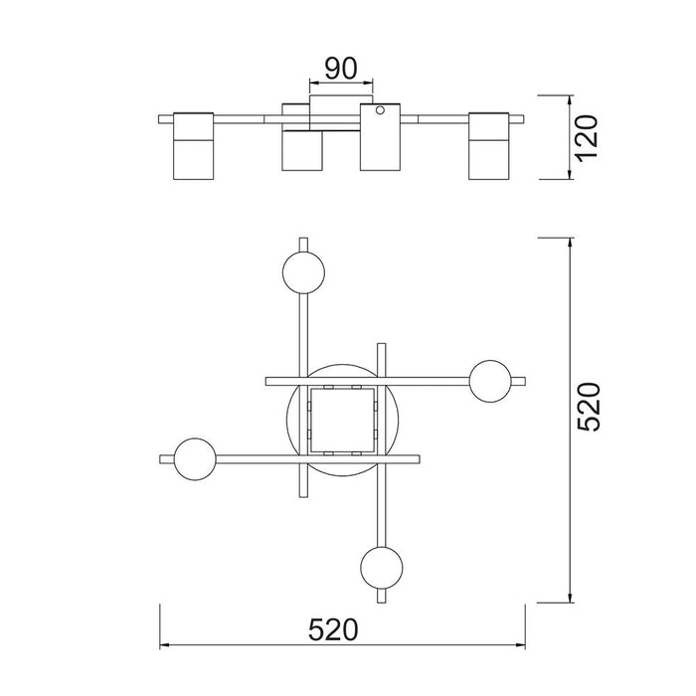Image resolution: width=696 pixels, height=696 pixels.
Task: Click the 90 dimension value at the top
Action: click(340, 69)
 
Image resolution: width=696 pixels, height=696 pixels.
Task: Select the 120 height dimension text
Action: click(586, 137)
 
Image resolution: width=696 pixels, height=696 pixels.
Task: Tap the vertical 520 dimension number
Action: click(589, 406)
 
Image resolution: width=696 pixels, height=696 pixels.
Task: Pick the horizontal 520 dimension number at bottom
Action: click(333, 629)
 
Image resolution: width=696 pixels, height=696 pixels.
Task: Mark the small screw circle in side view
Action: click(380, 109)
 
